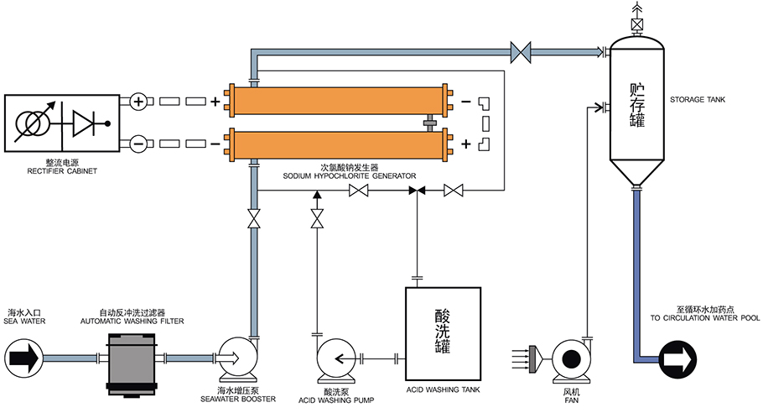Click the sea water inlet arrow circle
(x=23, y=358)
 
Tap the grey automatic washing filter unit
(x=132, y=359)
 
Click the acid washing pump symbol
(x=334, y=359)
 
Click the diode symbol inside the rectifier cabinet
(x=86, y=123)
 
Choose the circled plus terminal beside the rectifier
(x=139, y=102)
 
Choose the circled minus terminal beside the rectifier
(x=139, y=144)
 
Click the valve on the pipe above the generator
(x=521, y=52)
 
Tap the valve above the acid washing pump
(x=317, y=220)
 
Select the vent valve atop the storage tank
(x=637, y=25)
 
